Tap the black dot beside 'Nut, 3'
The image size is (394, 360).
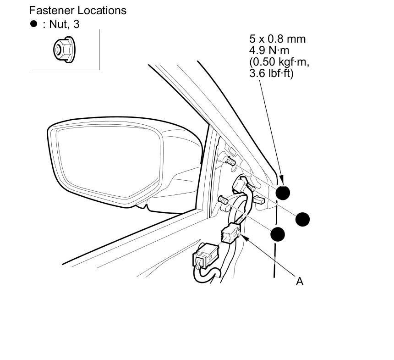(x=33, y=24)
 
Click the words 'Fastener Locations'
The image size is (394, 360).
(x=77, y=10)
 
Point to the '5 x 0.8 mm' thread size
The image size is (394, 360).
(x=277, y=39)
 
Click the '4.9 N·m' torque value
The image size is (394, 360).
(x=269, y=50)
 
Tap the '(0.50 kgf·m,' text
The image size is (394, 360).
(x=276, y=61)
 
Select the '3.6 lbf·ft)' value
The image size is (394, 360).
(x=271, y=72)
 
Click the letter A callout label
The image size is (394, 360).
(x=300, y=281)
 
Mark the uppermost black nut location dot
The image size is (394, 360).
(x=283, y=192)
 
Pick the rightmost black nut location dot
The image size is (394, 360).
(x=302, y=219)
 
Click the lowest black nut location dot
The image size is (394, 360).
(x=278, y=234)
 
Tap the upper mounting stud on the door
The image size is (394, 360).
(x=230, y=161)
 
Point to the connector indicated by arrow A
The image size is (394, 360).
(x=230, y=234)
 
